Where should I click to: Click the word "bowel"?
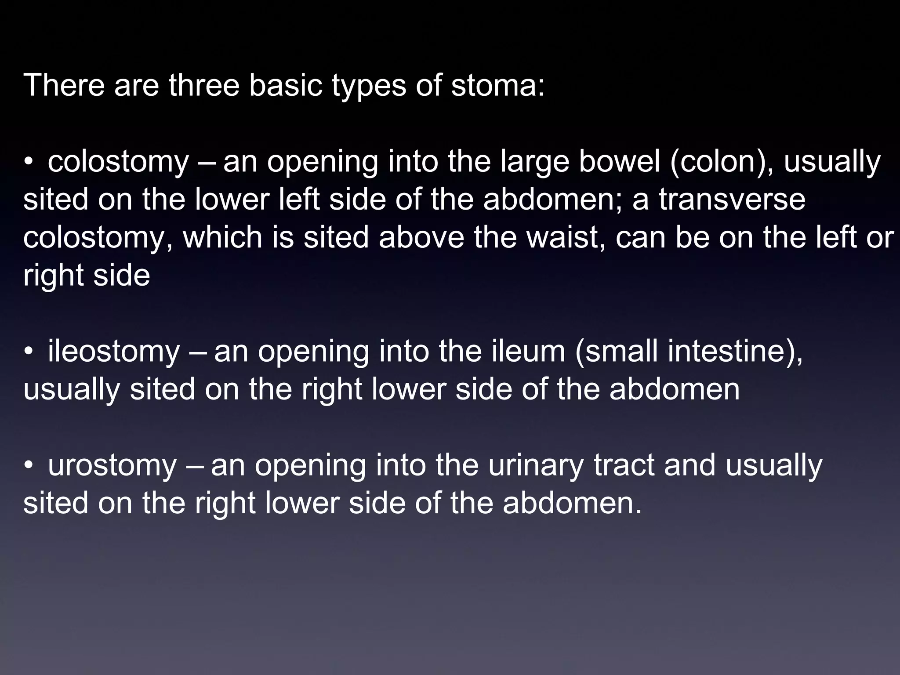620,162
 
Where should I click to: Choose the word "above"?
421,238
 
